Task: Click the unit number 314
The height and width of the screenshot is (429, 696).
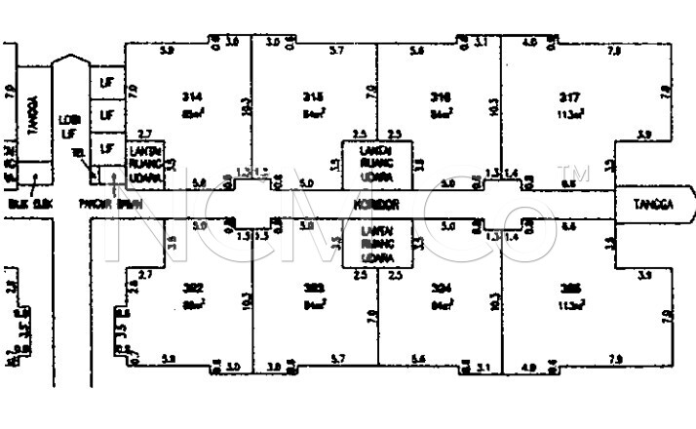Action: tap(191, 97)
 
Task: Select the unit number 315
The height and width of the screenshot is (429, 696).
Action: tap(313, 97)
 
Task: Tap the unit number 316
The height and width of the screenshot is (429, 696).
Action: tap(439, 97)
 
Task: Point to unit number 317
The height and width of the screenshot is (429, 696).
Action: tap(570, 97)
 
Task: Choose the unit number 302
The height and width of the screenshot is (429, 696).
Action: tap(191, 288)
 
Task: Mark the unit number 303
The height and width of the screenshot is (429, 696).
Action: tap(313, 288)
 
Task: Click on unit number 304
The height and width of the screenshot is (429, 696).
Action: tap(439, 288)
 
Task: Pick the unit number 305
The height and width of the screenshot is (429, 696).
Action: tap(570, 288)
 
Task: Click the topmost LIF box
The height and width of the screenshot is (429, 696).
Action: tap(105, 83)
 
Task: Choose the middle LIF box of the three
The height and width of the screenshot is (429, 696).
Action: tap(105, 116)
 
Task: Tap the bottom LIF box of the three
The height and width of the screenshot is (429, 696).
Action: tap(105, 147)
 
